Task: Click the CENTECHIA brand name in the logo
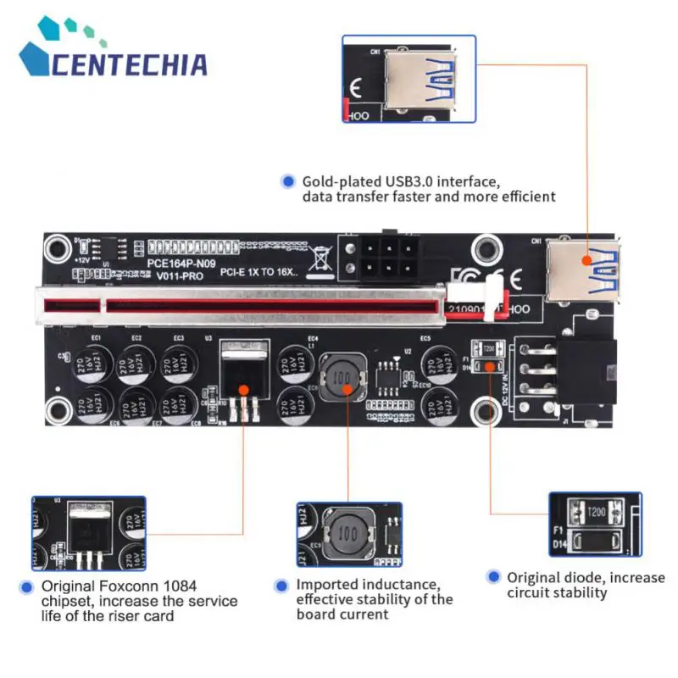(x=127, y=64)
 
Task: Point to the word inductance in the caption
(x=398, y=585)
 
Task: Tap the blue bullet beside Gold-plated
(x=288, y=181)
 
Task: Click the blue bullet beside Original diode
(x=493, y=577)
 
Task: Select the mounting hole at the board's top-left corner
(x=58, y=248)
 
